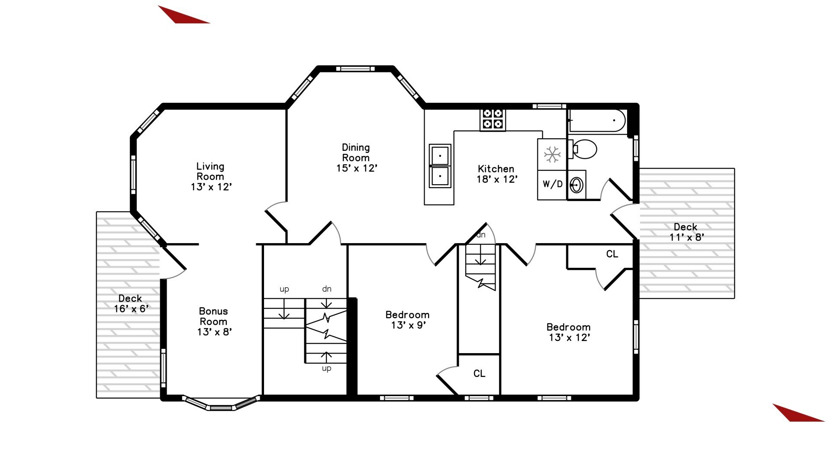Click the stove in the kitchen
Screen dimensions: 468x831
[x=493, y=119]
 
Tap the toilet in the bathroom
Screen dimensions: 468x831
[x=583, y=149]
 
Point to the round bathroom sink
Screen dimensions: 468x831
[x=577, y=185]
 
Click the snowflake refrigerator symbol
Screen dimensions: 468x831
[x=552, y=154]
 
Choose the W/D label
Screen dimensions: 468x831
[x=553, y=184]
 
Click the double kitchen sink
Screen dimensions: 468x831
[x=440, y=166]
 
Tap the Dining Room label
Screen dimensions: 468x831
[x=356, y=158]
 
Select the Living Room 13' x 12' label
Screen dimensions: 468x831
[x=211, y=176]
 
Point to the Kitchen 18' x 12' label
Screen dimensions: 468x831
[x=496, y=174]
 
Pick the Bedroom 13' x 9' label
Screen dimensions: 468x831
[x=408, y=320]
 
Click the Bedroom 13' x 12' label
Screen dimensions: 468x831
[x=569, y=332]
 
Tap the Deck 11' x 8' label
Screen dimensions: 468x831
[x=686, y=232]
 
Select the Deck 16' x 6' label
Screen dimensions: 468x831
[x=131, y=303]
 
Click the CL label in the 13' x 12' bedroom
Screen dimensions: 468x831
[x=612, y=254]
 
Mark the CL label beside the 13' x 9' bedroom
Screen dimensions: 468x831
[x=479, y=374]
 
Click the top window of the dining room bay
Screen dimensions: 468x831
[x=355, y=68]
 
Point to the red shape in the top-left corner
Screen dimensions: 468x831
[x=182, y=16]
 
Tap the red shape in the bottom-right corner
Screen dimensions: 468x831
[x=797, y=413]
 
